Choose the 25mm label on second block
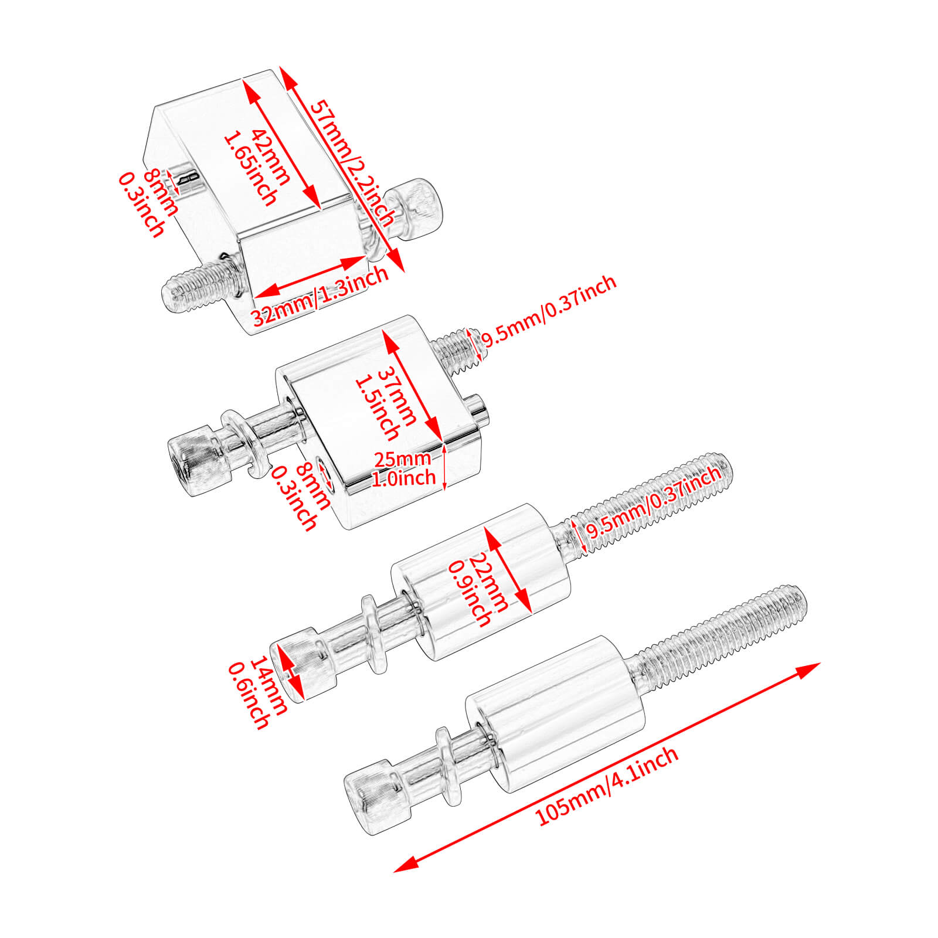click(x=403, y=458)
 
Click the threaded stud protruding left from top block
click(x=199, y=287)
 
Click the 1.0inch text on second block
click(x=404, y=478)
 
